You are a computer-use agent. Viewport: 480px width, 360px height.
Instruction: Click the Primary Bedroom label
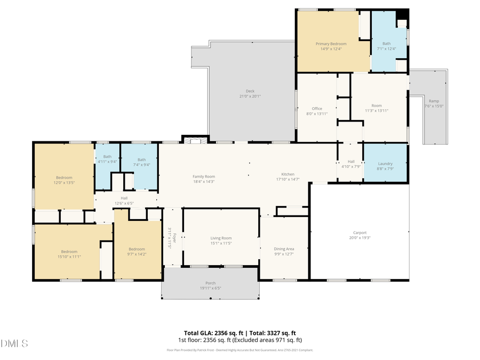331,44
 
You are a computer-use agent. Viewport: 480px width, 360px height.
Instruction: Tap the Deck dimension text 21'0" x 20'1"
250,97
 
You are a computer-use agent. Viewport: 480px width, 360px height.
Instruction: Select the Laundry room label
385,164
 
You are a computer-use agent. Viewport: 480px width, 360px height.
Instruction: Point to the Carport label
359,233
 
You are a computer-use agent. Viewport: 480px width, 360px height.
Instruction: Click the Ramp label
434,100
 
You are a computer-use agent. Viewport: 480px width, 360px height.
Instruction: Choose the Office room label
317,108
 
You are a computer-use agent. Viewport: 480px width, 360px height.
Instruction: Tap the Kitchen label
288,174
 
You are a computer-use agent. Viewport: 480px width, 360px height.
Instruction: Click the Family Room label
204,177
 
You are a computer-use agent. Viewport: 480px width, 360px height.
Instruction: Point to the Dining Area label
284,249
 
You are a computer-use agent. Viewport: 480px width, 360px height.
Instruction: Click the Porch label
211,283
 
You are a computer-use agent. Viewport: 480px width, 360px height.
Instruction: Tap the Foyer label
172,230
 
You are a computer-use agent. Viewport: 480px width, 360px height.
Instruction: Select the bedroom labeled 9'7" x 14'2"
137,249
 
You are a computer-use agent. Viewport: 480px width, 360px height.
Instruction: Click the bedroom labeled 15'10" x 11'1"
69,252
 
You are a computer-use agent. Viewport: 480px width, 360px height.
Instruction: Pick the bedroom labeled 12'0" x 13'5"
64,178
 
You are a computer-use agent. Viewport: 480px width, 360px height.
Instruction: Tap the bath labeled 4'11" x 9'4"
107,159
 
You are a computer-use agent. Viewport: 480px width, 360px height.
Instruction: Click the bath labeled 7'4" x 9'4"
141,159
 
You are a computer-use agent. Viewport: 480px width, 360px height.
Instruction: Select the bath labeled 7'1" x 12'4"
386,44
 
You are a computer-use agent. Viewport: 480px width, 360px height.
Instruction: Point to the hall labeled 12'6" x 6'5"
124,198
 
